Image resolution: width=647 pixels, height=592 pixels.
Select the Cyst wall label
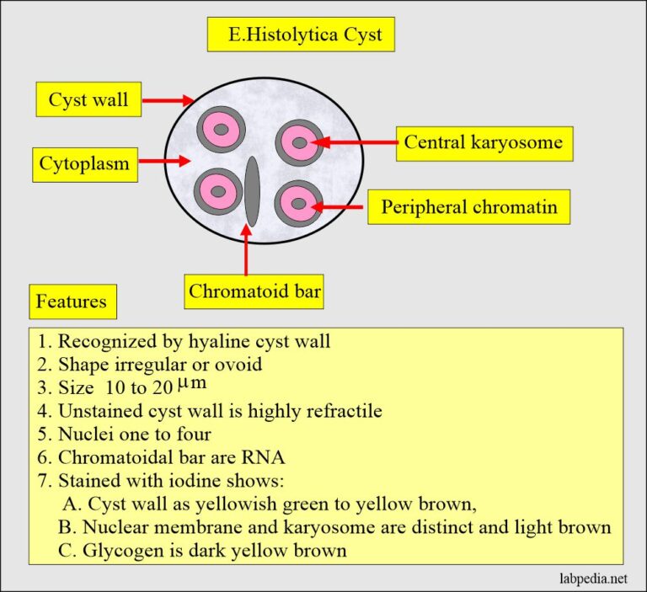[88, 100]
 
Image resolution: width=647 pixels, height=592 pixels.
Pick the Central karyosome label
[484, 142]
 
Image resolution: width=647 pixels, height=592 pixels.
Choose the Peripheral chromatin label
[468, 206]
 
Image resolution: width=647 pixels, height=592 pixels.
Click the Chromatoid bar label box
[255, 292]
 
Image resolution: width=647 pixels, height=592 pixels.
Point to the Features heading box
[72, 301]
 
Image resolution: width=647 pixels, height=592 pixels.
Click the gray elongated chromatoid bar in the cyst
[251, 191]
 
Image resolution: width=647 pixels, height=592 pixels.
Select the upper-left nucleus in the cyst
[222, 130]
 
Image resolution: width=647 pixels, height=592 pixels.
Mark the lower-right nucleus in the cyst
[297, 202]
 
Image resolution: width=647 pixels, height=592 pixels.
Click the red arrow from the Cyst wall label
[168, 100]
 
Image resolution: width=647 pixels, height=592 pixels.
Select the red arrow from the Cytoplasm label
[164, 161]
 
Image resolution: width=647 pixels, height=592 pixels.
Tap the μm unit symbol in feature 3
[190, 384]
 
